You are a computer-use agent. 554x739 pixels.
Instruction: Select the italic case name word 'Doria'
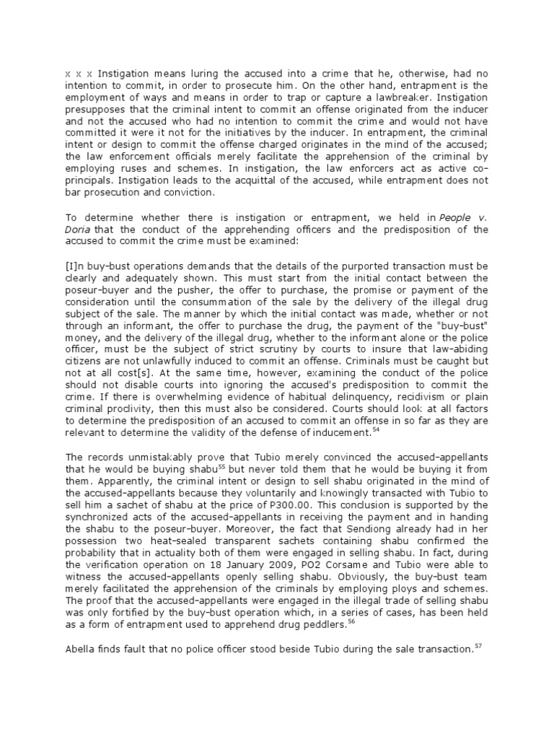pos(79,229)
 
